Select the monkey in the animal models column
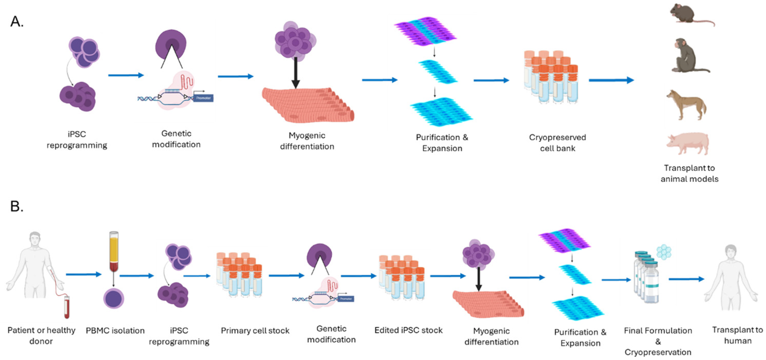687,57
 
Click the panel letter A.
17,21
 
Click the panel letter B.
17,206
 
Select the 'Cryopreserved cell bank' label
557,143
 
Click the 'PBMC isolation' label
115,330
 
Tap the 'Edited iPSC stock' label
408,330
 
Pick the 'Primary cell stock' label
255,330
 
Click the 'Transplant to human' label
737,335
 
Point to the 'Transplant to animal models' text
689,174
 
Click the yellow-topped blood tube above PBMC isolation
114,251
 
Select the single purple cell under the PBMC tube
114,298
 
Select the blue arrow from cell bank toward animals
611,80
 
